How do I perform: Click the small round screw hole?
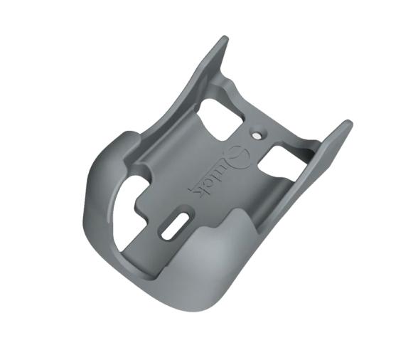click(x=257, y=132)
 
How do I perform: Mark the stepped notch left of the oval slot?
click(x=142, y=213)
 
